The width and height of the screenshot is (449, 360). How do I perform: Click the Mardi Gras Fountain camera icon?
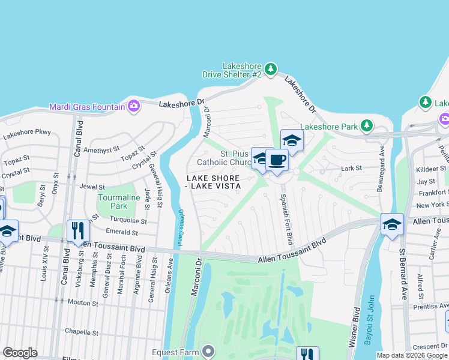coord(134,107)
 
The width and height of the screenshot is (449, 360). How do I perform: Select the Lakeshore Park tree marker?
coord(366,126)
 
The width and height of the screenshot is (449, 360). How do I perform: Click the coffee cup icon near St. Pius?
coord(277,160)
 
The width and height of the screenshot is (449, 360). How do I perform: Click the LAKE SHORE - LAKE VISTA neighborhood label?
coord(213,182)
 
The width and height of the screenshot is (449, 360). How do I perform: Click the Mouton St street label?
coord(82,303)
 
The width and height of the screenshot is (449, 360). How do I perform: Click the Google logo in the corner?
coord(20,352)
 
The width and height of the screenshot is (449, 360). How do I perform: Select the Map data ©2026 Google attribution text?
coord(412,355)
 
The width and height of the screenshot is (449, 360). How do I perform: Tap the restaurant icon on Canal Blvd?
coord(78,230)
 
